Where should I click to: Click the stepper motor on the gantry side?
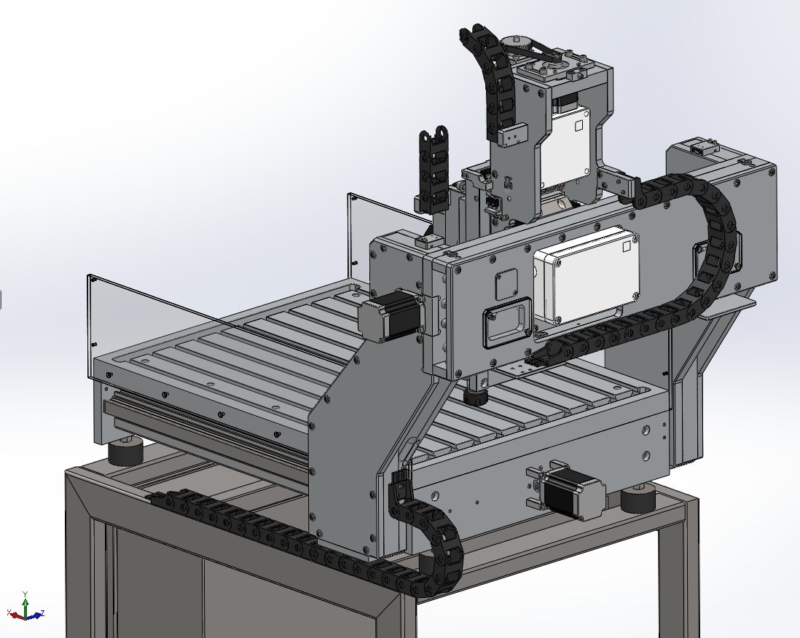[x=391, y=316]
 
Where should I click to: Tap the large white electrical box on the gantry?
[x=587, y=278]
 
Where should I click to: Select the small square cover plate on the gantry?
[x=506, y=285]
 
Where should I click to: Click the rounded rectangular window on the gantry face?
[x=507, y=323]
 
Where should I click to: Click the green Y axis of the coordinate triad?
[x=26, y=602]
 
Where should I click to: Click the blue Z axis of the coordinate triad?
[x=35, y=615]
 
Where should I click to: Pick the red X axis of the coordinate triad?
[x=16, y=613]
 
